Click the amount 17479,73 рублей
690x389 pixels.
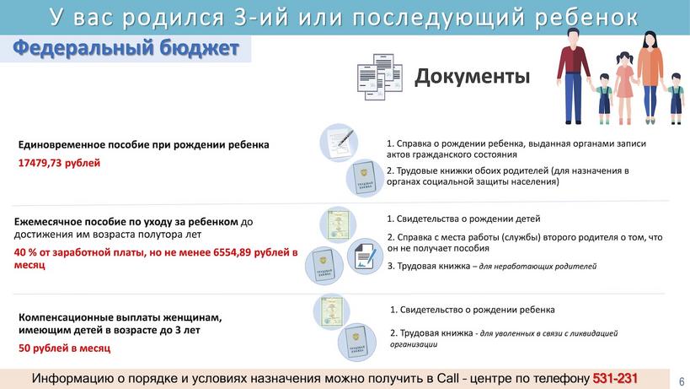pyautogui.click(x=59, y=163)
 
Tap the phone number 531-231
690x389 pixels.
pyautogui.click(x=615, y=378)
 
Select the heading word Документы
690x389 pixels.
pyautogui.click(x=472, y=76)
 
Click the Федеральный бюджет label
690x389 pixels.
pyautogui.click(x=126, y=48)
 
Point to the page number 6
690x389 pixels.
pyautogui.click(x=682, y=381)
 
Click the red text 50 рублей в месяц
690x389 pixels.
pyautogui.click(x=64, y=348)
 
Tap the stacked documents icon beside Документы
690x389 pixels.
pyautogui.click(x=380, y=77)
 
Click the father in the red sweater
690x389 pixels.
pyautogui.click(x=574, y=76)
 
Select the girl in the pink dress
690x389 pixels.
pyautogui.click(x=624, y=88)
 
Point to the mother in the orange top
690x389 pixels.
pyautogui.click(x=650, y=77)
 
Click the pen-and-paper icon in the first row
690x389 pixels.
pyautogui.click(x=339, y=143)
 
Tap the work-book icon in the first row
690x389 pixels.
pyautogui.click(x=365, y=177)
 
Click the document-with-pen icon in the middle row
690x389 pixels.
pyautogui.click(x=365, y=257)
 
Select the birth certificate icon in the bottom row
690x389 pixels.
pyautogui.click(x=331, y=312)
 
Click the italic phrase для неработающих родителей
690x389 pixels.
pyautogui.click(x=538, y=266)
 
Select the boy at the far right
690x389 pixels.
pyautogui.click(x=676, y=99)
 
